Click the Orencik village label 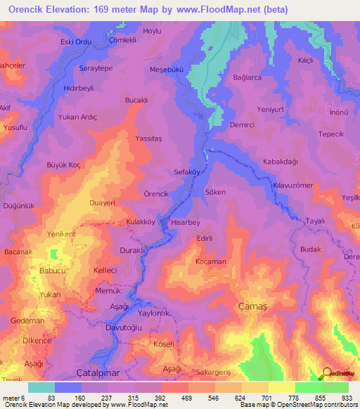pos(156,193)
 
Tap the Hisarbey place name pos(186,221)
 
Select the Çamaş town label pos(250,305)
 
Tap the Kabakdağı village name pos(281,162)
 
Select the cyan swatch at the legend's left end pos(41,387)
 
